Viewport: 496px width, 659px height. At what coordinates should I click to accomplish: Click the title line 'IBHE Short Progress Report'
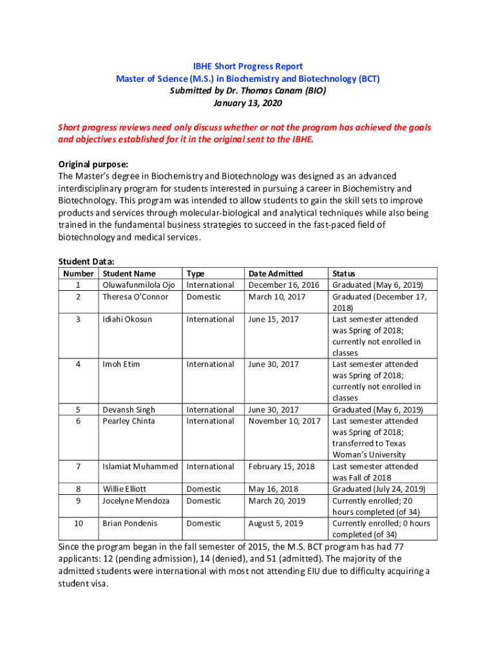coord(248,66)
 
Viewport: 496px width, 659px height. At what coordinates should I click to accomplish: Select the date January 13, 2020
coord(248,103)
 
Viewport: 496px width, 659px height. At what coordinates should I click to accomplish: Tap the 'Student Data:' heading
coord(86,261)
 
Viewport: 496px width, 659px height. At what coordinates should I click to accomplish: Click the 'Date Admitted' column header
coord(276,274)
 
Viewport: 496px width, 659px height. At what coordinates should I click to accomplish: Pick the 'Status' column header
coord(343,274)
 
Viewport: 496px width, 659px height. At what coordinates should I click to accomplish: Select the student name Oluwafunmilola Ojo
coord(138,285)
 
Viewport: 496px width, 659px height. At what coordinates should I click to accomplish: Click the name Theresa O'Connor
coord(135,297)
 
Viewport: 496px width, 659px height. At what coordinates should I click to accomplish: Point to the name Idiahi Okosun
coord(128,319)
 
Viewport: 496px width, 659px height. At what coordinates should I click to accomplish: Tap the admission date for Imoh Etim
coord(274,364)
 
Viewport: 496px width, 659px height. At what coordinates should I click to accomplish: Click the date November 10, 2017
coord(284,421)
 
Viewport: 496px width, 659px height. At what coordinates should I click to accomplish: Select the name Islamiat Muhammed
coord(140,467)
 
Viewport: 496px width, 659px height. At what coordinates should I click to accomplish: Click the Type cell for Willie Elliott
coord(204,489)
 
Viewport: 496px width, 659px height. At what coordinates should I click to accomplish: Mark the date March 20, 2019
coord(277,501)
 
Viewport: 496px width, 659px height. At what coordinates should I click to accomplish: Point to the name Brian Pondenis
coord(130,523)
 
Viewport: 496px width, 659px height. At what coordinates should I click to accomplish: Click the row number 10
coord(78,523)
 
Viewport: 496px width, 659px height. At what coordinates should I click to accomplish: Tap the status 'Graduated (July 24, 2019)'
coord(378,489)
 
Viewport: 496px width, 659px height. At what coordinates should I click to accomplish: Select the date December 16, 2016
coord(284,285)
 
